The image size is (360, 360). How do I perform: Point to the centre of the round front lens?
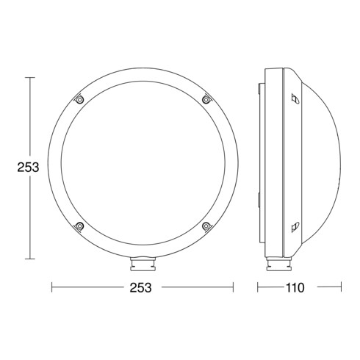[142, 162]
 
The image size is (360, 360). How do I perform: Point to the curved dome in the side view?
[323, 162]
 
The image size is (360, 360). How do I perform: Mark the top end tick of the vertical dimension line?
[29, 76]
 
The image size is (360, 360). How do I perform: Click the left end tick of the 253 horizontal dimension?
[52, 287]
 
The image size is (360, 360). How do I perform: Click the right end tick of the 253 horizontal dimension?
[232, 287]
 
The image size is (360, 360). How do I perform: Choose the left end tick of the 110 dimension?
[258, 287]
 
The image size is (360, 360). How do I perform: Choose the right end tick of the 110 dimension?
[343, 287]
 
